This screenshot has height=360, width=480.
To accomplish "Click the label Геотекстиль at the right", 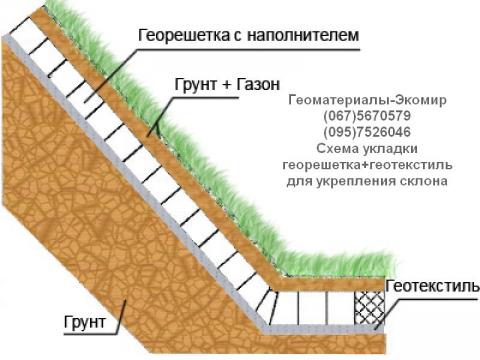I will click(432, 286).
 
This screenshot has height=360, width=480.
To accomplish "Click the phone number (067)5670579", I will click(366, 116).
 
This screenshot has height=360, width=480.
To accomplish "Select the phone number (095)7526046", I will click(366, 132).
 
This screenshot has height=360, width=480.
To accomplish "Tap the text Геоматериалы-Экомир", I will click(366, 101).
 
